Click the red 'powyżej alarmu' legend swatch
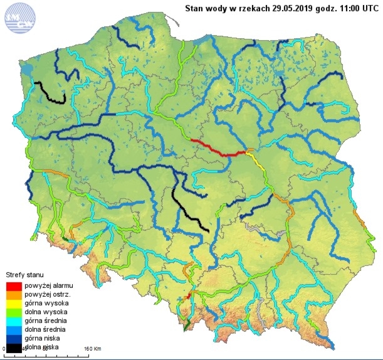pos(13,286)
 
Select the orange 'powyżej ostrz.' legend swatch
pos(13,295)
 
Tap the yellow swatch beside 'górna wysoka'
pos(13,303)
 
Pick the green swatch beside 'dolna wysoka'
pos(13,312)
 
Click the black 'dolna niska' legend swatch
pos(13,346)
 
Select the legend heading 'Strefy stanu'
pos(24,275)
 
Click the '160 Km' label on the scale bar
pos(92,349)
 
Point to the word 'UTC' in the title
pos(366,8)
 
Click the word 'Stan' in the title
pos(194,8)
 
